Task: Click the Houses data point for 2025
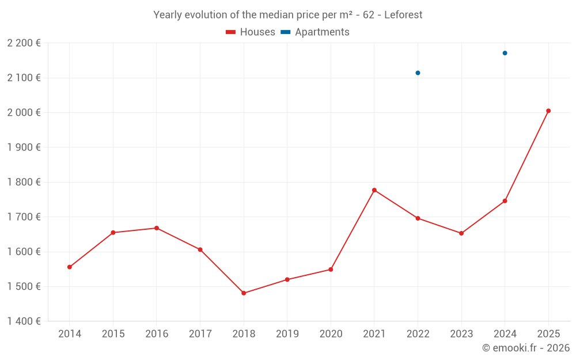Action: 548,111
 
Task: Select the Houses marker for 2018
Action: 244,293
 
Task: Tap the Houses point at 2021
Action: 374,190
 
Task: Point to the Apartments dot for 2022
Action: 418,73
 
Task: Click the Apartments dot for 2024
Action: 505,53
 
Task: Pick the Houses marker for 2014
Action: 70,267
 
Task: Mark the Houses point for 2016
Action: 157,228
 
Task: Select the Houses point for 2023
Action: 461,233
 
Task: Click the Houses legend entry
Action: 251,32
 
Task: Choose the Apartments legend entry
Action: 315,32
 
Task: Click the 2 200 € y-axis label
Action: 24,43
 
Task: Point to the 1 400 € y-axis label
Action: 24,321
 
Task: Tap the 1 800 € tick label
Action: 24,182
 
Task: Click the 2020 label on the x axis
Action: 331,334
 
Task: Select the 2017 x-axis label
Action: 200,334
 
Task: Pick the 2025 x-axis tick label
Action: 548,334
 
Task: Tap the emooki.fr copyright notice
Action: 525,348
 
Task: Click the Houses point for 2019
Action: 287,280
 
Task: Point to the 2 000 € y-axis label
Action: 24,113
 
